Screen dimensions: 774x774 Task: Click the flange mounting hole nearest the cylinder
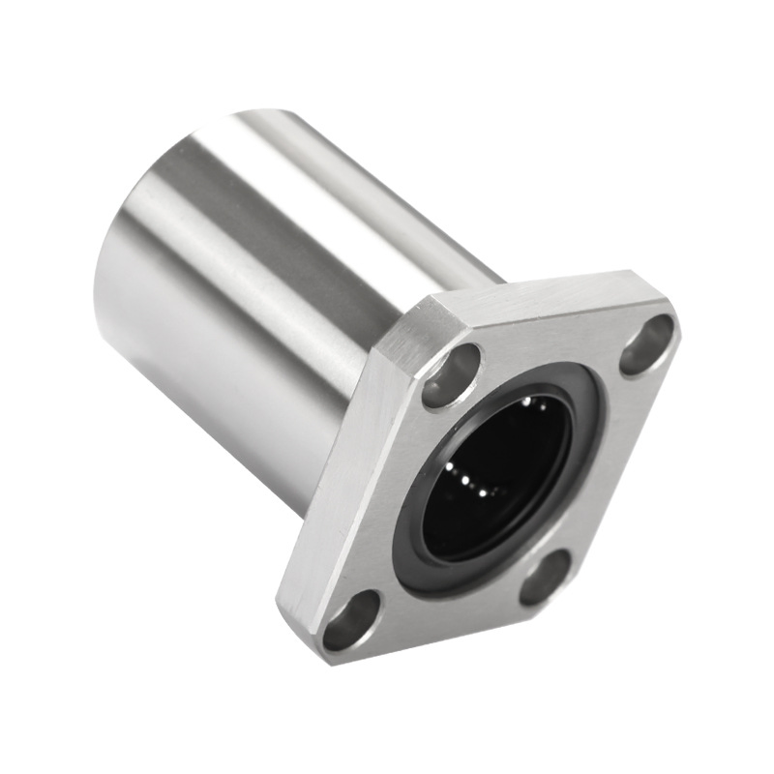451,374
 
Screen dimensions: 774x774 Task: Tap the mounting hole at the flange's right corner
646,344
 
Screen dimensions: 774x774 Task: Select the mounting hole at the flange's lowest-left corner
351,620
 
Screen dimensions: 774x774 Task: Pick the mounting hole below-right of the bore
546,577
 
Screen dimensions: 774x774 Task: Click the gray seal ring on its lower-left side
416,542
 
